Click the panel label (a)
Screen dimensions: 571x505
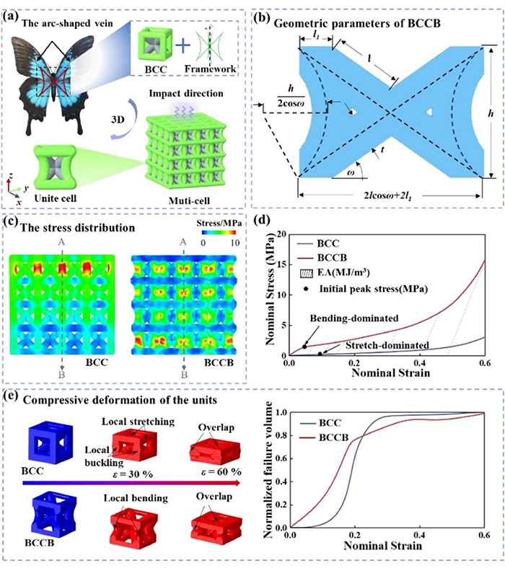[x=15, y=12]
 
